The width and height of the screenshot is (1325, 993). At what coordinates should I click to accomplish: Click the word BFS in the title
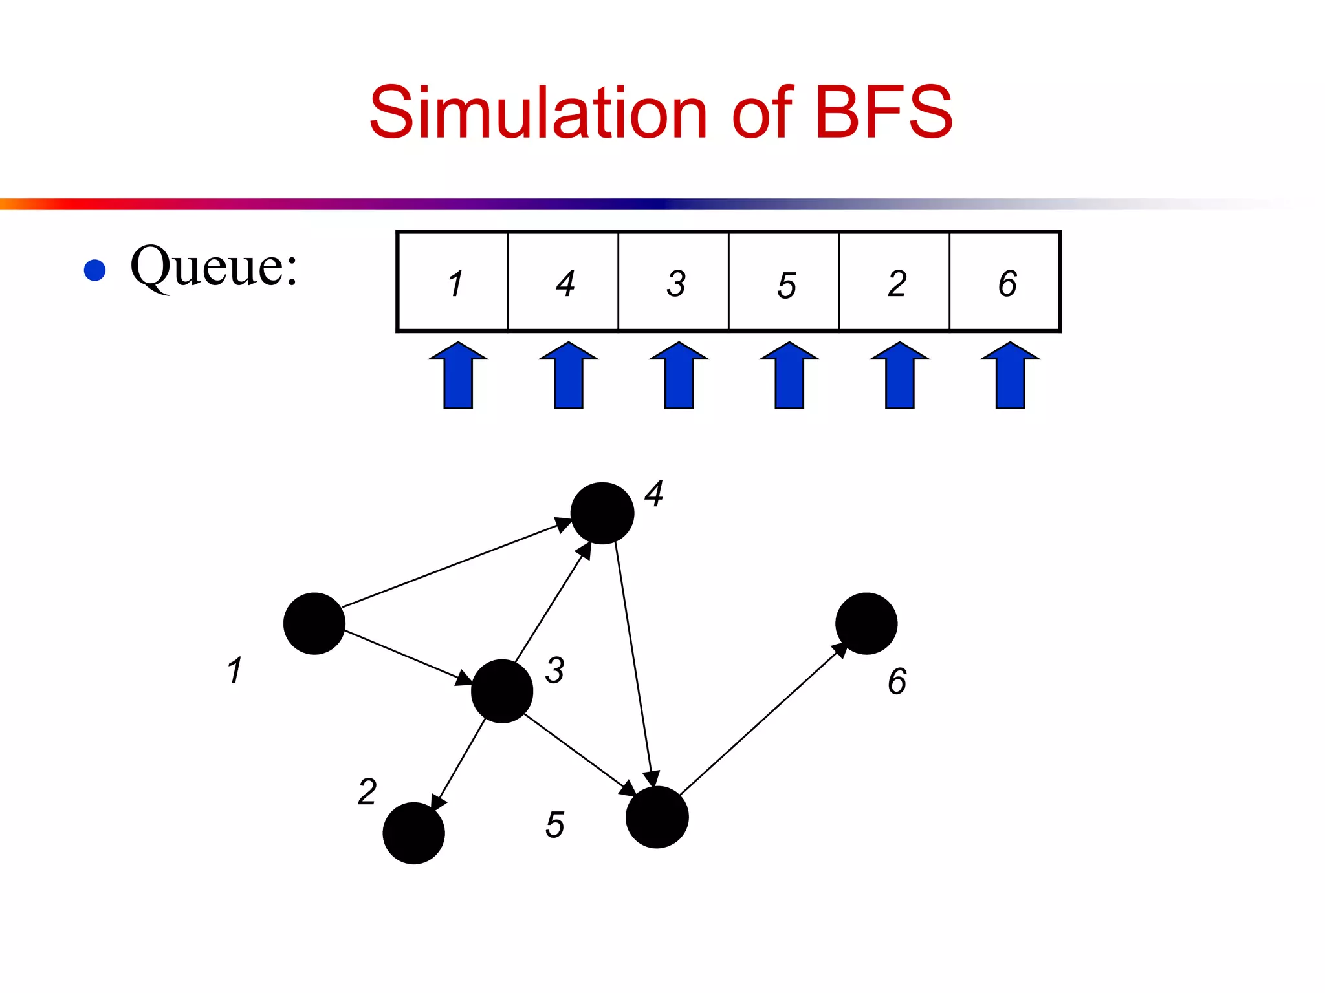point(884,113)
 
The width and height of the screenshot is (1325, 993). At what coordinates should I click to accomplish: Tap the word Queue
point(214,266)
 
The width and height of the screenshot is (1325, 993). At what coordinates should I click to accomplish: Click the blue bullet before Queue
point(95,270)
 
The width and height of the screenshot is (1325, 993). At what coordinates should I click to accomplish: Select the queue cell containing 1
point(453,282)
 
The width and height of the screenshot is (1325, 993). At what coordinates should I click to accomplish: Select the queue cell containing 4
point(564,282)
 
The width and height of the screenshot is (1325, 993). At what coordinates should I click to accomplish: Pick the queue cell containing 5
point(784,282)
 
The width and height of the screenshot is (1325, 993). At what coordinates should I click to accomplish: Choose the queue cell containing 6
point(1005,282)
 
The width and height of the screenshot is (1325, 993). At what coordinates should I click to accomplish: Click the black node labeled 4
point(602,513)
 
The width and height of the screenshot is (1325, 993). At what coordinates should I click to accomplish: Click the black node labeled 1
point(314,623)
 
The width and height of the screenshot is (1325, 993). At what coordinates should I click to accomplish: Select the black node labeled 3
point(502,691)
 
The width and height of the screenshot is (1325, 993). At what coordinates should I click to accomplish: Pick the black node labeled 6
point(866,623)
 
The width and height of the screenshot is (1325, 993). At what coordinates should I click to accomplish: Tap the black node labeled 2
point(413,833)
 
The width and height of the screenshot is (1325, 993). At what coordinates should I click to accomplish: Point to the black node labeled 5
point(657,817)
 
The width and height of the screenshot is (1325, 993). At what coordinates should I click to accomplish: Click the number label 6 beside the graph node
point(897,681)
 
